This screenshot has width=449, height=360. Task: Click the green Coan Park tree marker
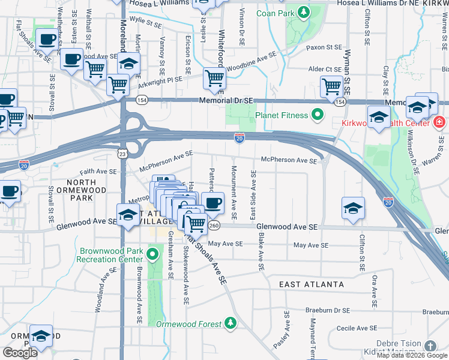tap(304, 11)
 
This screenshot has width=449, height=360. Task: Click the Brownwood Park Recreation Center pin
tap(152, 254)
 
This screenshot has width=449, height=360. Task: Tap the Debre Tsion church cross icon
tap(429, 346)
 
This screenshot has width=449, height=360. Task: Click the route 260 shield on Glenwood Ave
tap(214, 226)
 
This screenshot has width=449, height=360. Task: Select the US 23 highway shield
tap(122, 154)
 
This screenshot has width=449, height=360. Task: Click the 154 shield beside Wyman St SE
tap(340, 103)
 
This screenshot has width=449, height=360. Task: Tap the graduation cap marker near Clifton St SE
tap(353, 208)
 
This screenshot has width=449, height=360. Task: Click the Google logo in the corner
tap(20, 353)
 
